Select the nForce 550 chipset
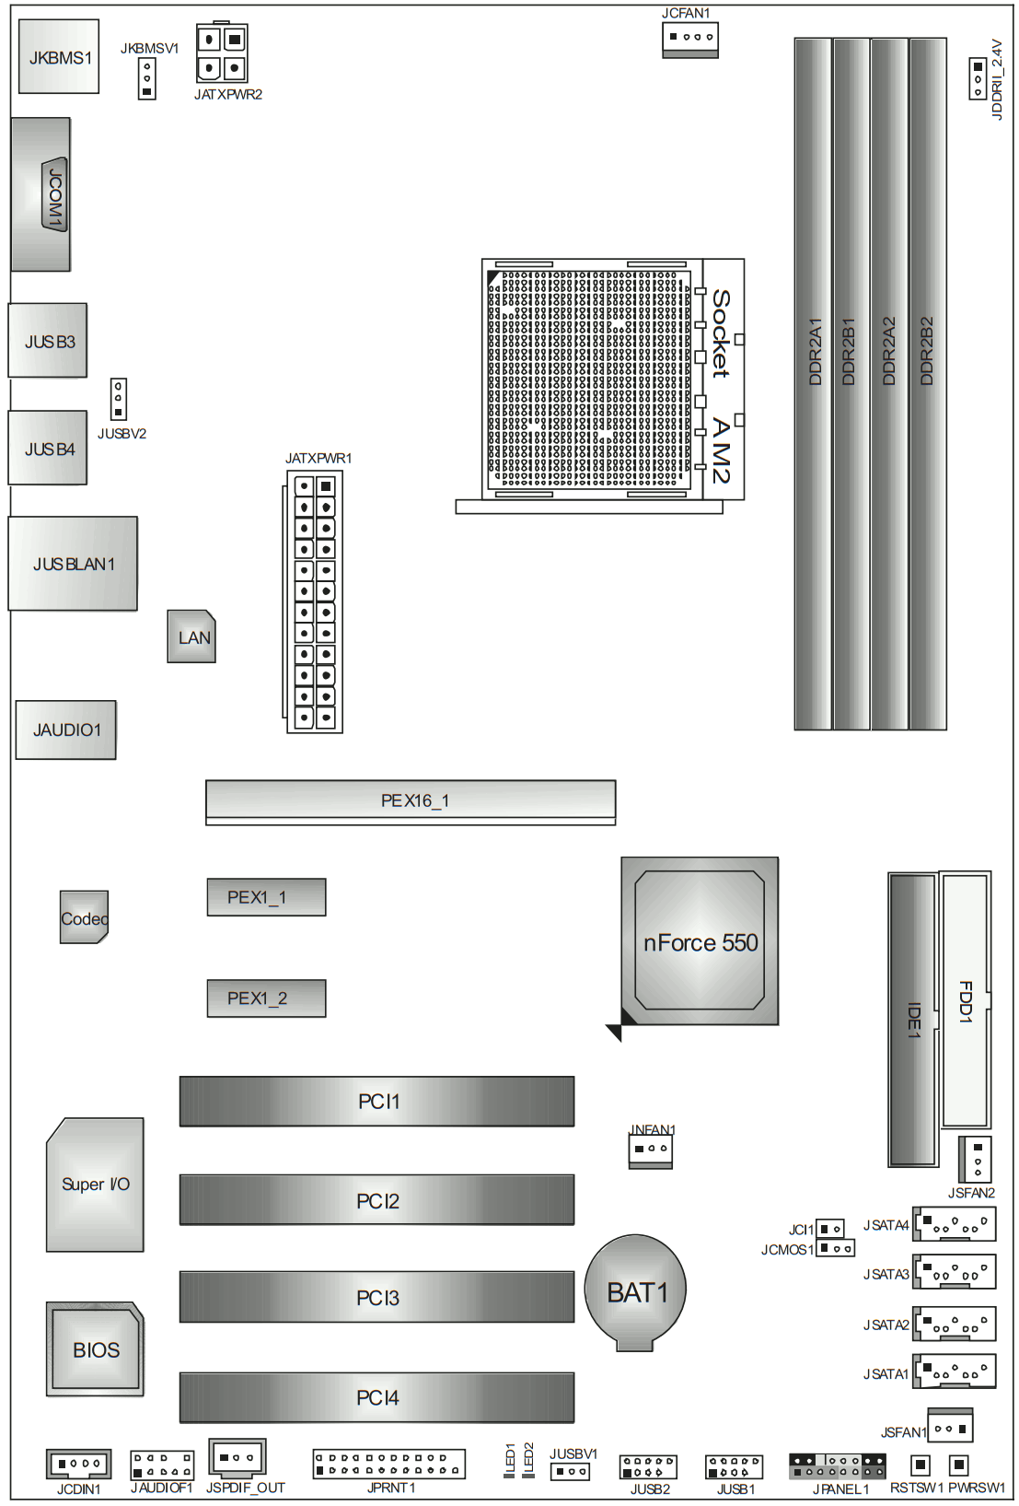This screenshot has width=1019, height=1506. pos(700,941)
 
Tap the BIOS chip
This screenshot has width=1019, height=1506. pos(96,1349)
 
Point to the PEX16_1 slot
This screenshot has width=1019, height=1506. pos(411,800)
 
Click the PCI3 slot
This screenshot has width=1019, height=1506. pos(376,1297)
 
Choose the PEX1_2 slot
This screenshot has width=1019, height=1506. pos(266,998)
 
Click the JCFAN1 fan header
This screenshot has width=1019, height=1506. pos(689,40)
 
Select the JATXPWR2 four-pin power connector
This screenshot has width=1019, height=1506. pos(222,53)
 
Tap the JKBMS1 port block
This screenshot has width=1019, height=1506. pos(59,57)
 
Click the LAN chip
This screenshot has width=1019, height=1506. pos(191,636)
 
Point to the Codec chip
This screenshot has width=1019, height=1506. pos(84,917)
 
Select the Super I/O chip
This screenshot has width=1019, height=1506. pos(96,1185)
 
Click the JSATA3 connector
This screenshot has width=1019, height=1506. pos(955,1272)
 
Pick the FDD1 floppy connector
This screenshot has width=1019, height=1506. pos(964,999)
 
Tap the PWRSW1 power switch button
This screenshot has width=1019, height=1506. pos(958,1465)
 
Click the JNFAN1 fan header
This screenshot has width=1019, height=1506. pos(650,1150)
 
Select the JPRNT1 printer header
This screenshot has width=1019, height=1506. pos(388,1464)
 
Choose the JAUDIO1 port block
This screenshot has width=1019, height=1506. pos(66,730)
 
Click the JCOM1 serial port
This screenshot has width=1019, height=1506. pos(42,194)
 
